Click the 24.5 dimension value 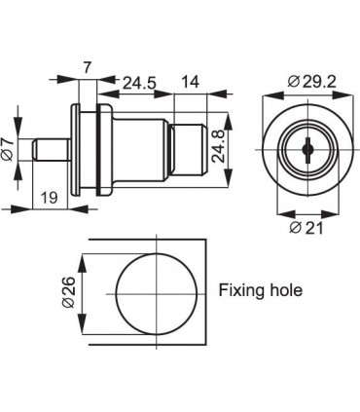139,84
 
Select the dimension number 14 190,82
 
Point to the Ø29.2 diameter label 311,82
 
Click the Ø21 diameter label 306,228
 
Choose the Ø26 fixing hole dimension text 69,292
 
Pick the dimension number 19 50,197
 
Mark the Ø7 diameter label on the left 7,149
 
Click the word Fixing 239,291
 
